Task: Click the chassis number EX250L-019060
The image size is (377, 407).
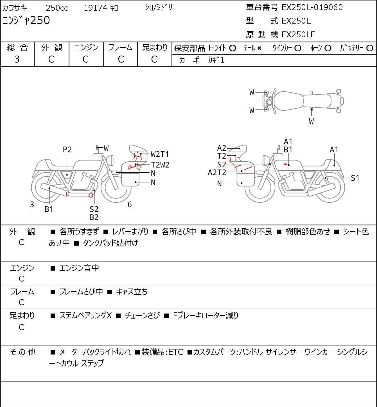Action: tap(312, 8)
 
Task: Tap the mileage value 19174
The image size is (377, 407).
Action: tap(96, 8)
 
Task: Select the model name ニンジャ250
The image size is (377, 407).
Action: tap(26, 20)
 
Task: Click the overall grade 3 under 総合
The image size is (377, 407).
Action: tap(17, 59)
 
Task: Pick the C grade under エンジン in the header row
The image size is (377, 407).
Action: tap(85, 60)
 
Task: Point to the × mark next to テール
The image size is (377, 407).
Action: tap(259, 48)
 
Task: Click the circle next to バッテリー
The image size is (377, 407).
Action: tap(370, 48)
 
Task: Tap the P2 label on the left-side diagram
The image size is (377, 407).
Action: tap(67, 150)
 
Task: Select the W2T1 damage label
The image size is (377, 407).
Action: tap(160, 154)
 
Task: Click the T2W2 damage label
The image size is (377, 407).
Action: tap(160, 165)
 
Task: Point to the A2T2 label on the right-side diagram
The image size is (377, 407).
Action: tap(217, 173)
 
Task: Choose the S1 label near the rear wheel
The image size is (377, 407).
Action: tap(355, 178)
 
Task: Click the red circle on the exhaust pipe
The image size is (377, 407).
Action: tap(91, 195)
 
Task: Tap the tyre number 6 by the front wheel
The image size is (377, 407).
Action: tap(130, 205)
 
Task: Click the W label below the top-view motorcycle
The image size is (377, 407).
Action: tap(311, 121)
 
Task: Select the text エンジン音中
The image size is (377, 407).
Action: tap(79, 268)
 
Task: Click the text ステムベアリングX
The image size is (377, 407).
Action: tap(85, 315)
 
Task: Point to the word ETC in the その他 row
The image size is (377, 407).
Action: tap(176, 352)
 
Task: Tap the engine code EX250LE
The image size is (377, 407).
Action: tap(298, 35)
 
